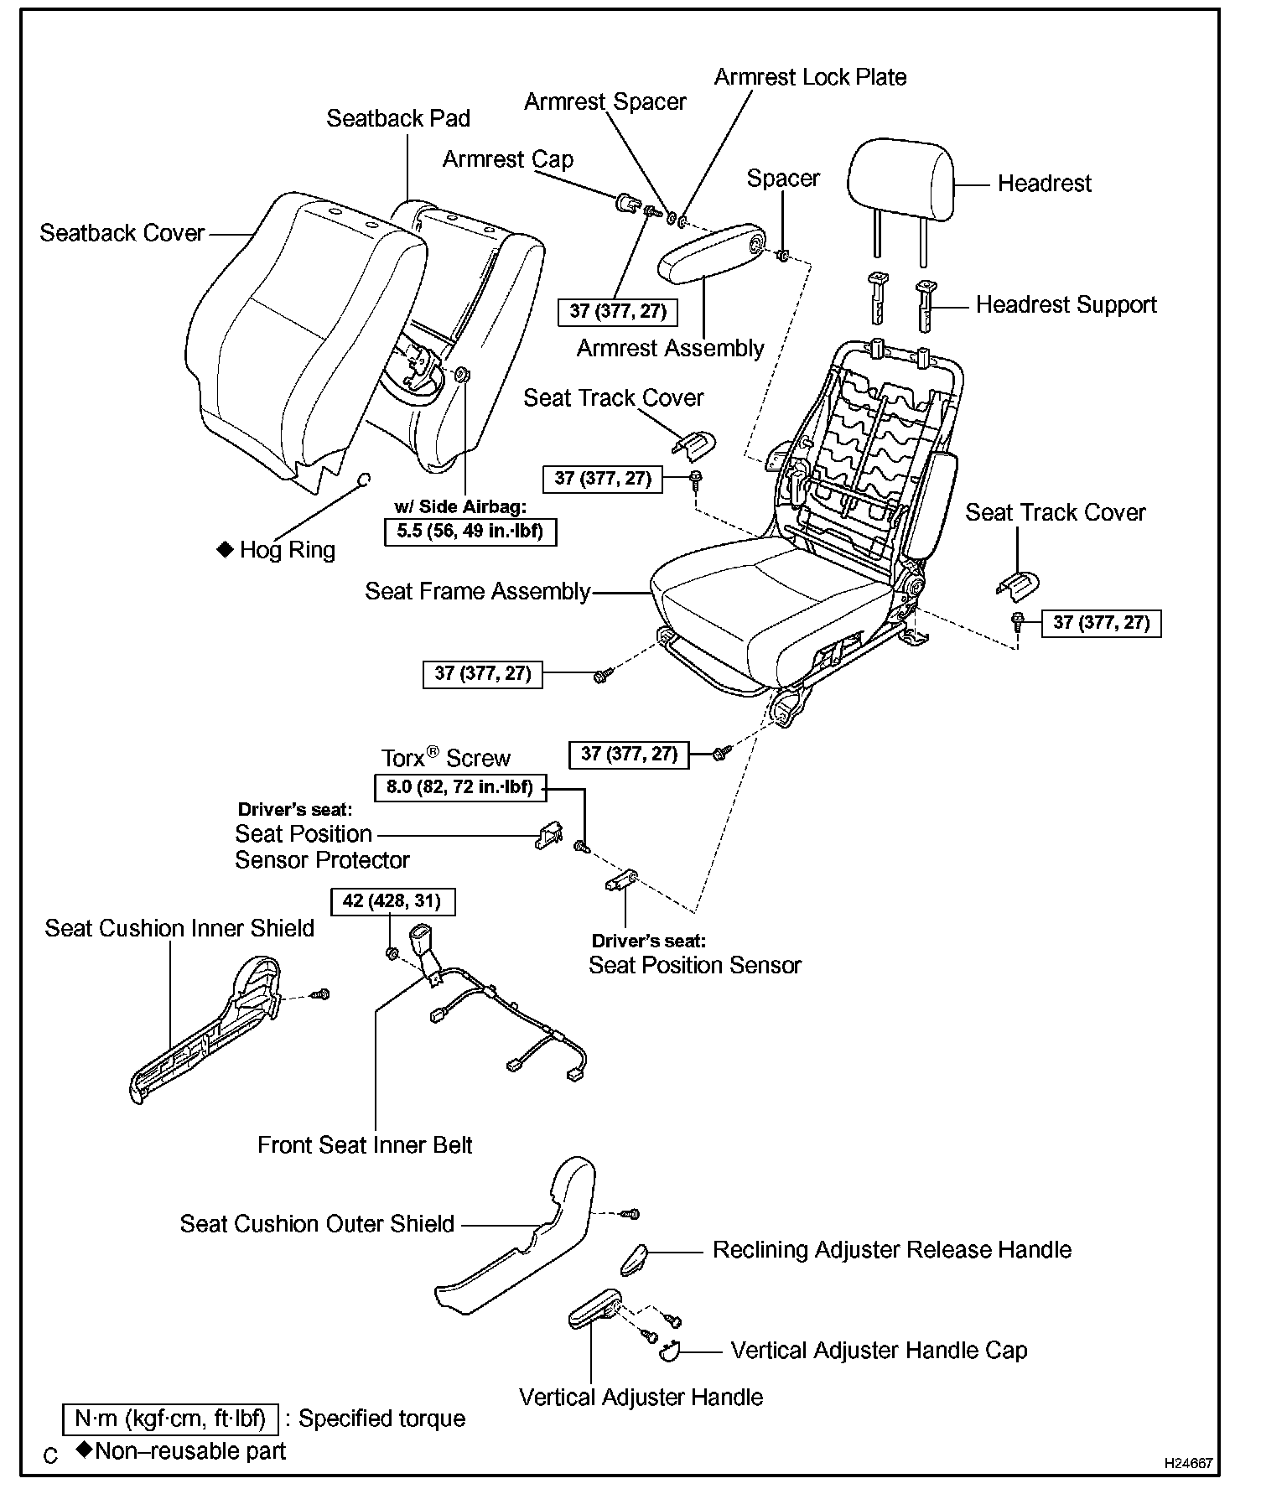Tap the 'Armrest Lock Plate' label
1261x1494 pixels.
pos(810,77)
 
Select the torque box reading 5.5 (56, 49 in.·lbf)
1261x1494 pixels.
pos(470,532)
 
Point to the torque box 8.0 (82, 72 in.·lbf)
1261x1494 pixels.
pos(459,788)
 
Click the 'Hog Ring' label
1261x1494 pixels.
pos(287,550)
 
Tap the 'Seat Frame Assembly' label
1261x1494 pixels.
pos(477,592)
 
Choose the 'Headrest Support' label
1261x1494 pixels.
pos(1066,305)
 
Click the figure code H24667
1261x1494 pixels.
pos(1188,1463)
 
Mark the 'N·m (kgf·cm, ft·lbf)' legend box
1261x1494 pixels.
pos(169,1419)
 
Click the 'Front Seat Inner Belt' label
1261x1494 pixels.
pos(365,1145)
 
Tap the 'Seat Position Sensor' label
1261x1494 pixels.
pos(694,966)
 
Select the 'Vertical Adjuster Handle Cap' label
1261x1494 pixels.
pos(879,1351)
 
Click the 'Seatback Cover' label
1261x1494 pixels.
pos(122,233)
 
